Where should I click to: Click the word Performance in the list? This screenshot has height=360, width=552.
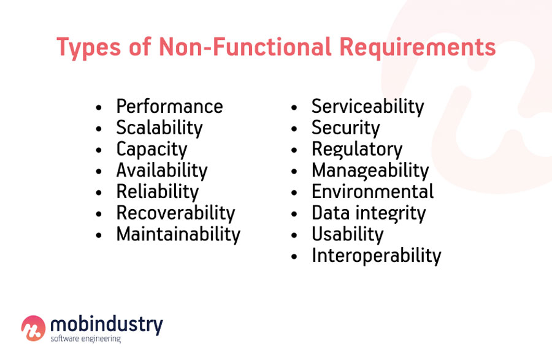[x=169, y=107]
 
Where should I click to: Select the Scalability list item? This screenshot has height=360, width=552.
[x=159, y=128]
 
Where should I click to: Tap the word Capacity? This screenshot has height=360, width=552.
[x=151, y=149]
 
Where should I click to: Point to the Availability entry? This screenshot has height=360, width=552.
[x=162, y=170]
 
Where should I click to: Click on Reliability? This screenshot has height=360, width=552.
[x=157, y=191]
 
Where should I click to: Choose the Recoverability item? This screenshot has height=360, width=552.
[x=175, y=213]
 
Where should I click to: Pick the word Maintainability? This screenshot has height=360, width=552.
[x=178, y=234]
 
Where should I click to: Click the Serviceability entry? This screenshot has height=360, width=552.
[x=367, y=107]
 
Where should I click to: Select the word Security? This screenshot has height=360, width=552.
[x=345, y=128]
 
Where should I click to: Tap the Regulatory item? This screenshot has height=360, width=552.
[x=356, y=149]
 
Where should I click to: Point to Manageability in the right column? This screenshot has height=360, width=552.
[x=370, y=170]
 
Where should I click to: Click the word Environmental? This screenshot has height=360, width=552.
[x=372, y=191]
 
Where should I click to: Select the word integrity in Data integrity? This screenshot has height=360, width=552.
[x=393, y=213]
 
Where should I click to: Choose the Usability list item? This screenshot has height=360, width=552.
[x=347, y=234]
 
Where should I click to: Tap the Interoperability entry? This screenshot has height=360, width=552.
[x=376, y=256]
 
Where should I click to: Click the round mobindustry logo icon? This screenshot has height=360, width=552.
[x=33, y=328]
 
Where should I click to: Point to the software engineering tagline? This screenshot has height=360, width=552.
[x=85, y=339]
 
